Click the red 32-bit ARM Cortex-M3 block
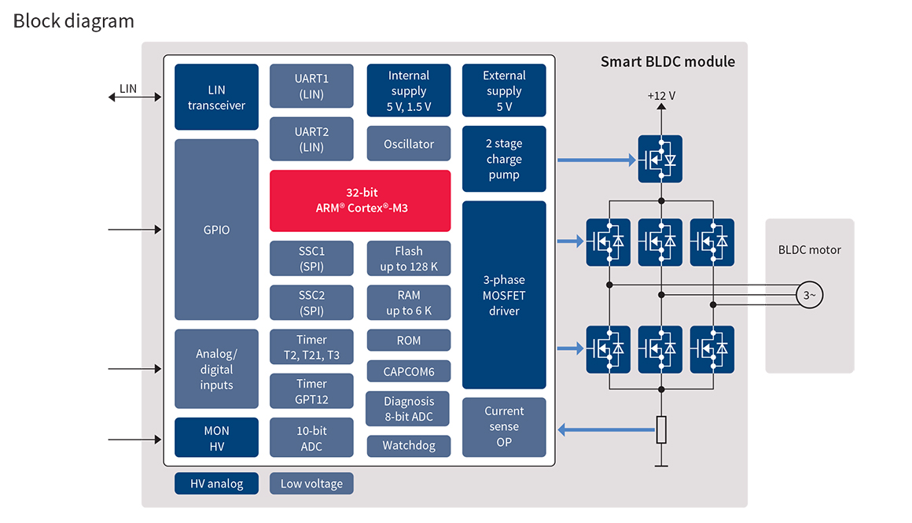[x=360, y=201]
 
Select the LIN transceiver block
[x=216, y=97]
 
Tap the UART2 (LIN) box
[x=311, y=139]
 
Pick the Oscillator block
[x=409, y=144]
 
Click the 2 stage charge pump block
[x=504, y=159]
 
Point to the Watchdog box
[x=409, y=446]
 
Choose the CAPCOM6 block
[x=409, y=371]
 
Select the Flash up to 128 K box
[x=409, y=259]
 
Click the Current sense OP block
[x=504, y=427]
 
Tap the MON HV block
[x=216, y=438]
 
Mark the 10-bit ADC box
[x=311, y=438]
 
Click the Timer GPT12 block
[x=311, y=391]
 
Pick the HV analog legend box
[x=216, y=484]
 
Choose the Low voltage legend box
[x=311, y=484]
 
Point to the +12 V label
[x=661, y=96]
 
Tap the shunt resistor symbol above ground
[x=661, y=429]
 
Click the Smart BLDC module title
[x=667, y=61]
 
